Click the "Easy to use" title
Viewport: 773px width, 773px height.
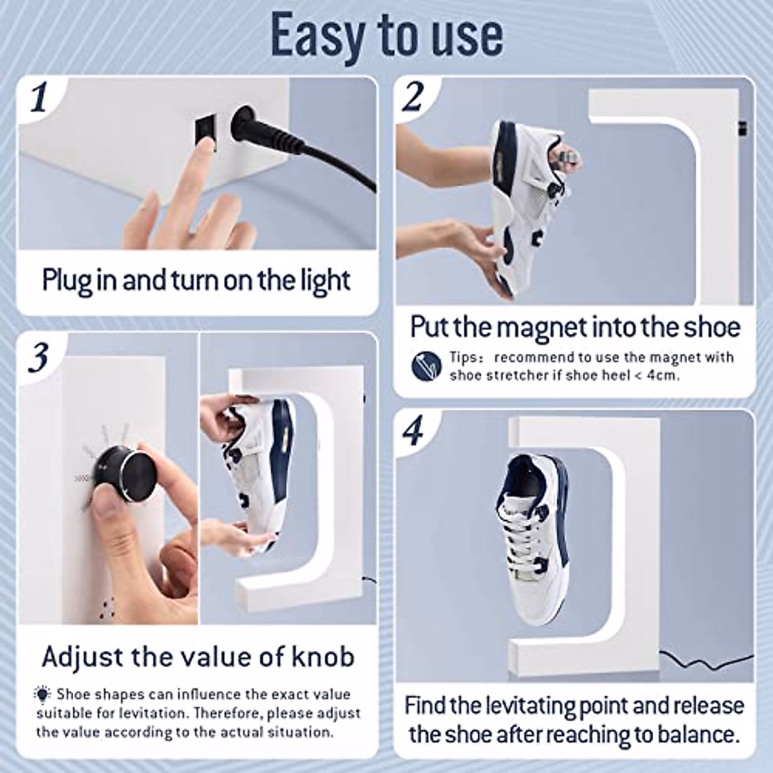pyautogui.click(x=386, y=35)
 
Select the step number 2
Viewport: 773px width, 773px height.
pyautogui.click(x=412, y=98)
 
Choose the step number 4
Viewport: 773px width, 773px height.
pyautogui.click(x=412, y=431)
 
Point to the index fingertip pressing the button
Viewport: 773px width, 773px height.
pyautogui.click(x=205, y=147)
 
